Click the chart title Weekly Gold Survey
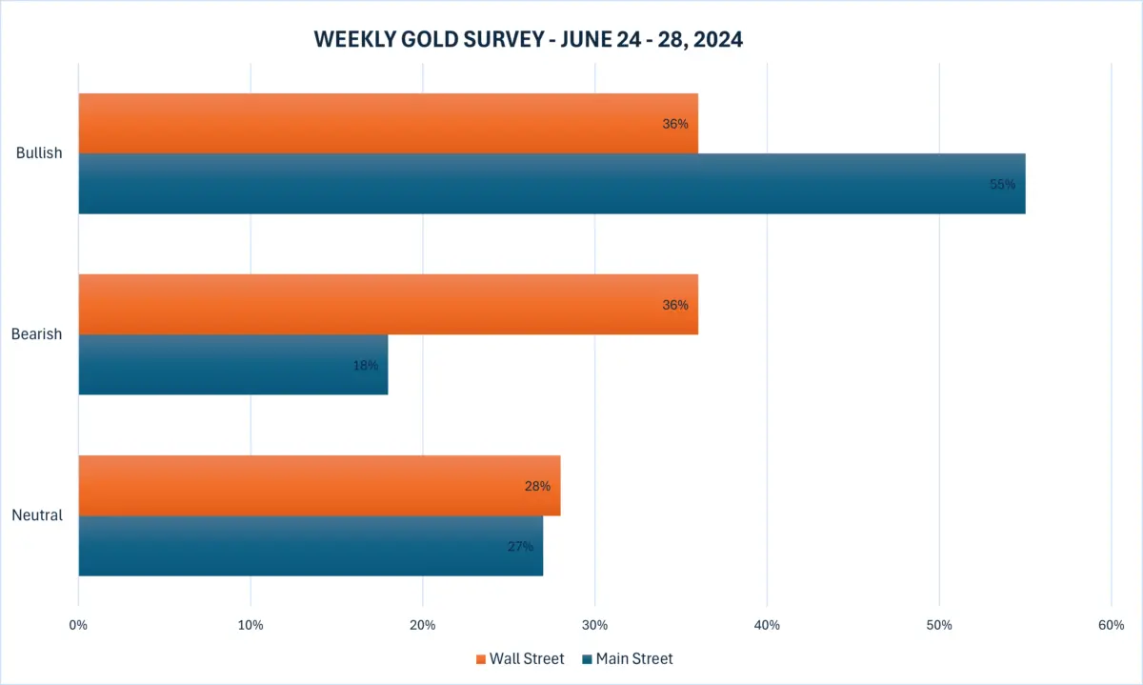[x=529, y=40]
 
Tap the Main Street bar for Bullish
[x=551, y=184]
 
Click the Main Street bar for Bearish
[x=232, y=365]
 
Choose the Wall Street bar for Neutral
[x=319, y=485]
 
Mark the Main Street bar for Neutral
[x=311, y=546]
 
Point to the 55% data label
[x=1002, y=184]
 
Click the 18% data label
[x=365, y=365]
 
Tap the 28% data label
[x=537, y=486]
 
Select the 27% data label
[x=520, y=547]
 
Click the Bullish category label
[x=39, y=153]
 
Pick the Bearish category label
[x=36, y=334]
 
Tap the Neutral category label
[x=37, y=515]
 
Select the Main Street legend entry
[x=627, y=658]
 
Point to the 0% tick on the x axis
[x=78, y=625]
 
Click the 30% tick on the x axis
[x=594, y=625]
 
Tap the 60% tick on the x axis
[x=1111, y=625]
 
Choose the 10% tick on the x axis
[x=251, y=625]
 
